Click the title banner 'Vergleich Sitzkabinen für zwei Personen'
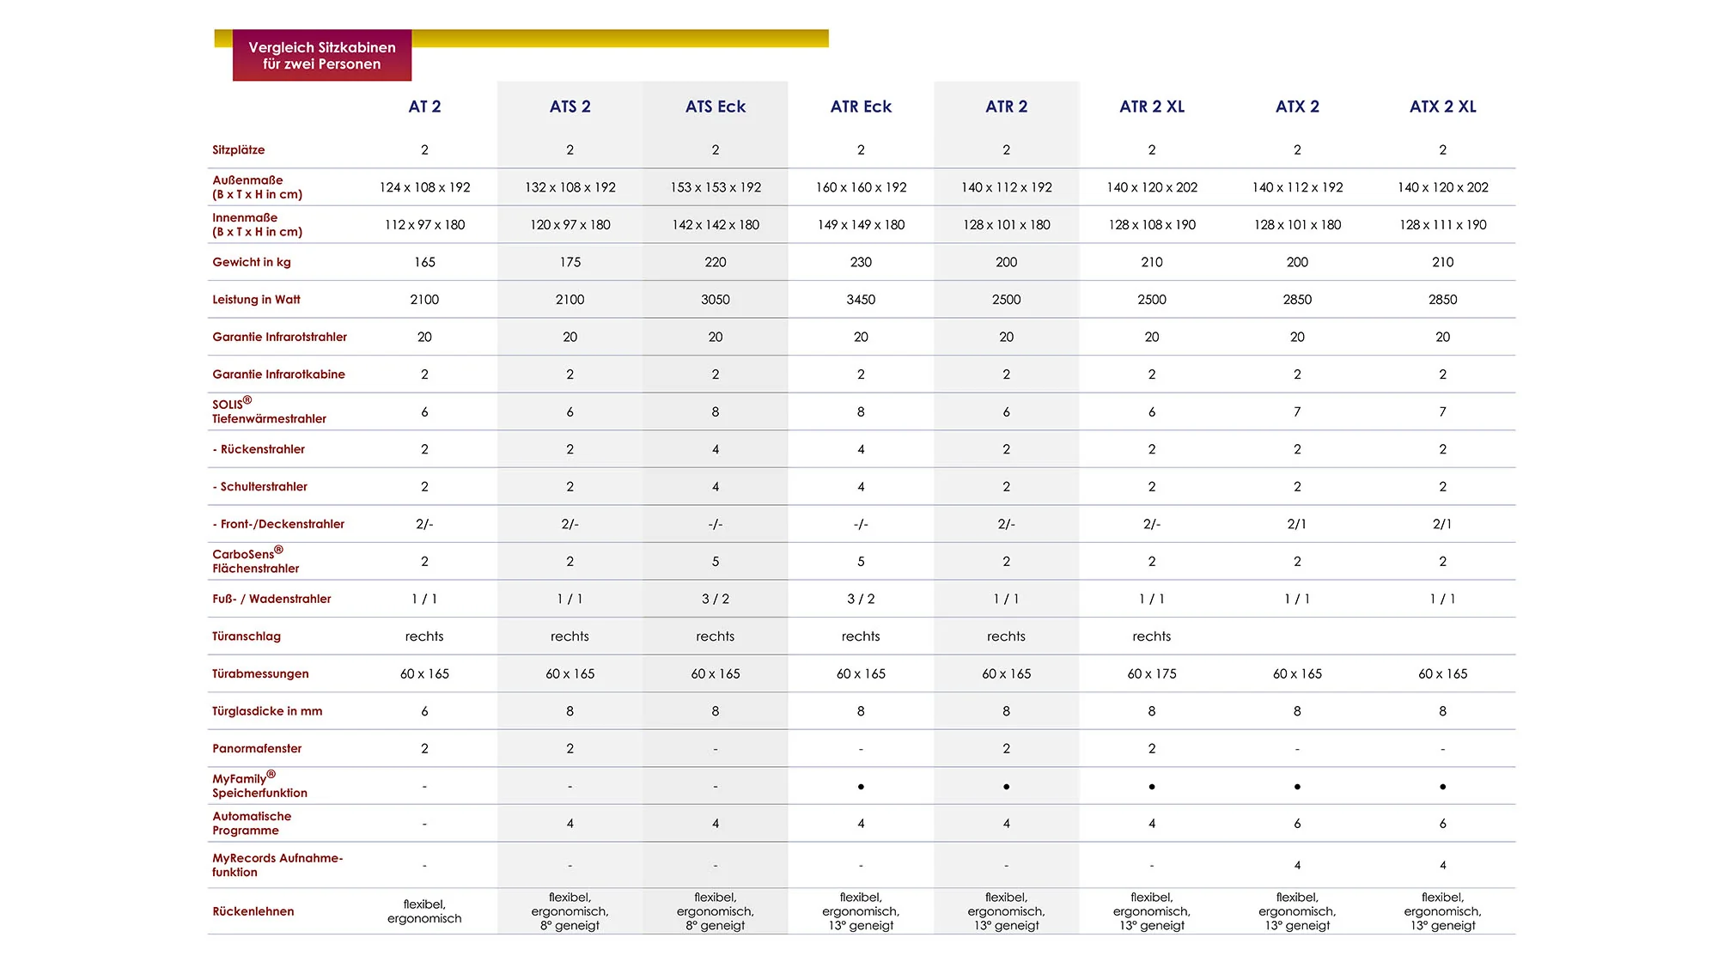[322, 56]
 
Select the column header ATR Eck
[861, 107]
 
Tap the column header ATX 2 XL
[1443, 107]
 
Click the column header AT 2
[424, 107]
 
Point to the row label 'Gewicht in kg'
[252, 262]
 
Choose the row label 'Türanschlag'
[247, 636]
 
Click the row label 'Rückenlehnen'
[253, 911]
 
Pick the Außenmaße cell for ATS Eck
[716, 187]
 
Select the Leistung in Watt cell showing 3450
[861, 300]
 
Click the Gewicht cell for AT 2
[424, 262]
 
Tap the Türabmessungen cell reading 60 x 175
[1152, 674]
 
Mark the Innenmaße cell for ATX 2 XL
[1443, 225]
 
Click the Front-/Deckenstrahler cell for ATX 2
[1297, 524]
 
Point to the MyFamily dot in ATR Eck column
[861, 787]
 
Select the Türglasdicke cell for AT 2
[424, 711]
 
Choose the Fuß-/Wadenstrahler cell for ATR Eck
[861, 599]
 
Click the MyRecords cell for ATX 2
[1297, 866]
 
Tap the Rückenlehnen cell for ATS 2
[570, 911]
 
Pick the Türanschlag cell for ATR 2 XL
[1152, 636]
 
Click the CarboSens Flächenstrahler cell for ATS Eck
[716, 562]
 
